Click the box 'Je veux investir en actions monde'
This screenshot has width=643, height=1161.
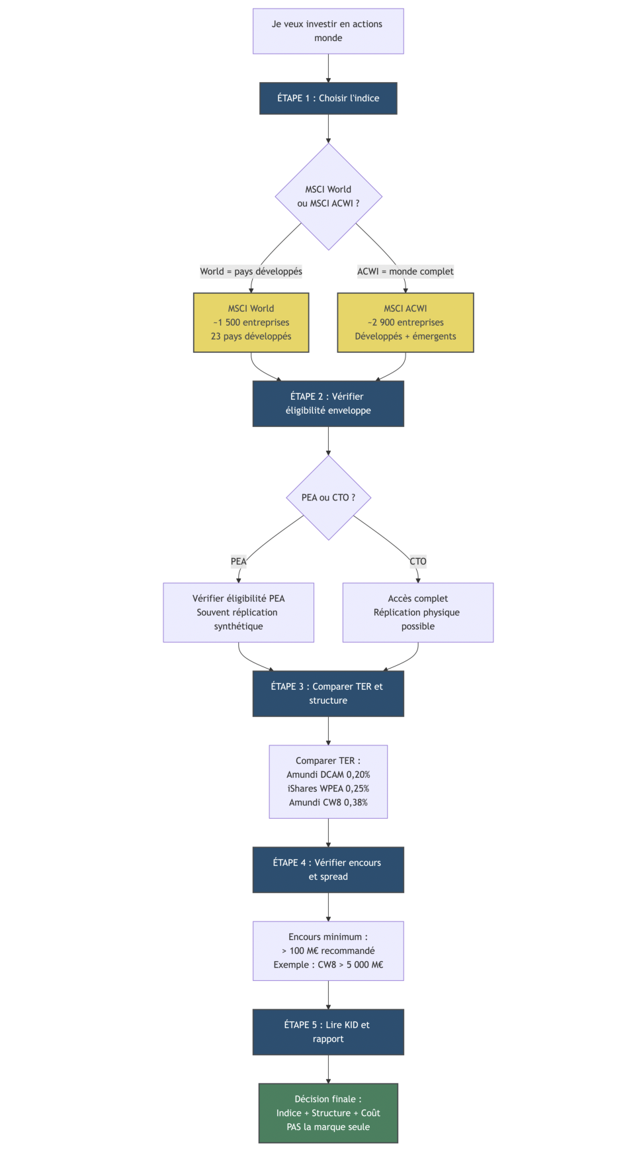coord(328,31)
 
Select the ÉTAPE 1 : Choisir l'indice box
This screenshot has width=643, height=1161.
coord(328,99)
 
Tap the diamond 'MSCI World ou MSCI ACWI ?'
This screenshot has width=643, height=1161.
coord(328,197)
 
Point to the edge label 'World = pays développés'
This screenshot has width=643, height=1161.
coord(251,271)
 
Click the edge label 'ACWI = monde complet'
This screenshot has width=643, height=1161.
coord(406,271)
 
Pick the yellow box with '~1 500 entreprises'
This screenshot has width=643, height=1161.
coord(251,322)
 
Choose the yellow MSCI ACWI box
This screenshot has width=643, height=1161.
coord(406,322)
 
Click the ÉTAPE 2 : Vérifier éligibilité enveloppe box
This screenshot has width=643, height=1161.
coord(328,404)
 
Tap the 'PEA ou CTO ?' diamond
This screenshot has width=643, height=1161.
coord(328,498)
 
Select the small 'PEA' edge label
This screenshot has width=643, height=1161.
coord(238,561)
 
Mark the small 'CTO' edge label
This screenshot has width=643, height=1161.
coord(418,561)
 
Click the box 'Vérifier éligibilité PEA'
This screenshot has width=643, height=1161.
coord(238,612)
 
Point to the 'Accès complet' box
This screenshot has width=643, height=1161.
coord(418,612)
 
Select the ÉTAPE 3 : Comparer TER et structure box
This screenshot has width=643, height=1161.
coord(328,694)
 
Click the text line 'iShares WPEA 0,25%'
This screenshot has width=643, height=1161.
coord(328,788)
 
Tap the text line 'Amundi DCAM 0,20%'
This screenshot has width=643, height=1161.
coord(328,774)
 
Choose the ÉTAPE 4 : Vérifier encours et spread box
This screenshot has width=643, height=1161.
coord(328,870)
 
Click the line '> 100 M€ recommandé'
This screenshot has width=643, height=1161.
coord(328,951)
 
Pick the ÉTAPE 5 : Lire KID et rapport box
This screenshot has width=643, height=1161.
coord(328,1032)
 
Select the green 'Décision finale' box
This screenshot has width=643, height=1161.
coord(328,1113)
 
